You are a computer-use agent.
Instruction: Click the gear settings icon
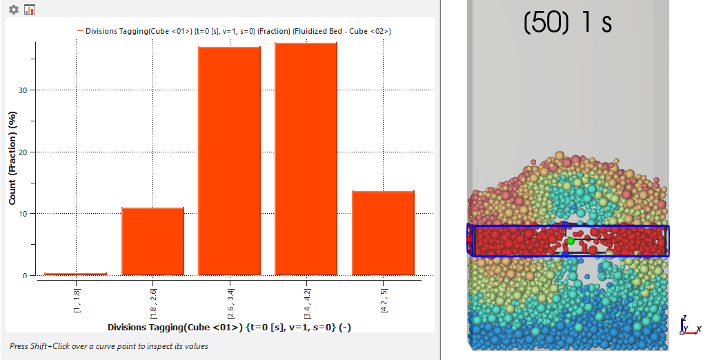(x=14, y=10)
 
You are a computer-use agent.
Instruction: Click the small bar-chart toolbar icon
(x=30, y=10)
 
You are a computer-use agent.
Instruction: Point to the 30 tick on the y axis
(x=23, y=90)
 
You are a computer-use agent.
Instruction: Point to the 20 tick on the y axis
(x=23, y=152)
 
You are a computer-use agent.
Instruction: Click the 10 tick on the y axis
(x=23, y=214)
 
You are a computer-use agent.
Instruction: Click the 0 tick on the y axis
(x=26, y=276)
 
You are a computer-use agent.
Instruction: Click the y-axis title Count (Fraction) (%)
(x=12, y=157)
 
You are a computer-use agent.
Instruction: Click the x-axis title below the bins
(x=229, y=327)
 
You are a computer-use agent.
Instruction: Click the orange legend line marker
(x=80, y=31)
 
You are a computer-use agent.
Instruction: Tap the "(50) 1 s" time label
(x=568, y=23)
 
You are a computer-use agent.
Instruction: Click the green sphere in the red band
(x=571, y=241)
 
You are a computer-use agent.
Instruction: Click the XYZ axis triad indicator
(x=688, y=327)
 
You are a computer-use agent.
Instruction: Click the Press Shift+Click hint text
(x=108, y=346)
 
